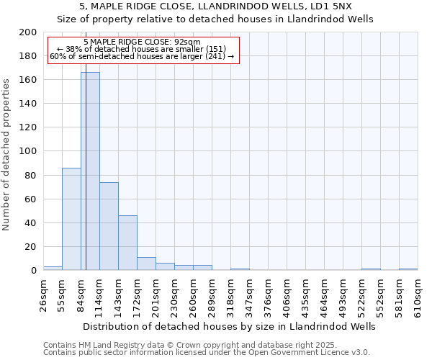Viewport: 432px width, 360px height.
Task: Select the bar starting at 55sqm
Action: [71, 219]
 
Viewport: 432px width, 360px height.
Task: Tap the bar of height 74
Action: [109, 226]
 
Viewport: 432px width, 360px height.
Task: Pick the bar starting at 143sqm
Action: [127, 243]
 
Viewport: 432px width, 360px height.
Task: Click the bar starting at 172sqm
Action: [146, 264]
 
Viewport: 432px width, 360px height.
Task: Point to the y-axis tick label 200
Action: [27, 32]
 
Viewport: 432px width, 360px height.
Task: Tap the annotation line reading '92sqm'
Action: [142, 42]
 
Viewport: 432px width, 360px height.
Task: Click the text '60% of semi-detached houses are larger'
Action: [142, 56]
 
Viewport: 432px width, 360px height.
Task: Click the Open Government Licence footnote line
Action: [207, 352]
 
